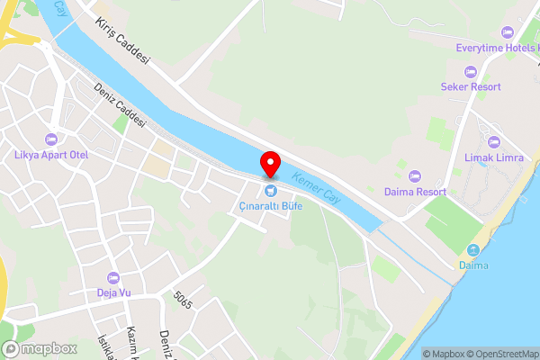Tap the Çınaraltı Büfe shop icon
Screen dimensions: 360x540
coord(270,191)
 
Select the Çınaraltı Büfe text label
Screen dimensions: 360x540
coord(270,206)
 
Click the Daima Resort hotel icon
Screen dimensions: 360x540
coord(415,176)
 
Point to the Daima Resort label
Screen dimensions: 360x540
coord(415,192)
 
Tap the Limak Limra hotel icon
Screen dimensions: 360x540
coord(493,142)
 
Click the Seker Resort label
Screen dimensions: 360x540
coord(471,86)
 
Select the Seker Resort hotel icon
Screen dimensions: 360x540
coord(471,71)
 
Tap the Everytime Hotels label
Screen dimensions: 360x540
coord(496,48)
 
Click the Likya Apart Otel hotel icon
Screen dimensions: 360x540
coord(51,139)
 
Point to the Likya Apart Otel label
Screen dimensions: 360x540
coord(51,155)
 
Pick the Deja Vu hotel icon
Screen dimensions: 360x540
coord(113,276)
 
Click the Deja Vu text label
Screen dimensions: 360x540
coord(113,292)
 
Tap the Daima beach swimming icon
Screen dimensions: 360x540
coord(473,249)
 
